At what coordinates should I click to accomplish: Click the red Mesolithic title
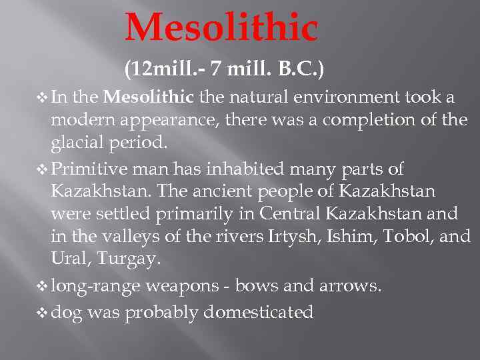pyautogui.click(x=221, y=28)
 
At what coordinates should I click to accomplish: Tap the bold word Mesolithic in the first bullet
pyautogui.click(x=149, y=98)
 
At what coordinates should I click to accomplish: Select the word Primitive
pyautogui.click(x=91, y=169)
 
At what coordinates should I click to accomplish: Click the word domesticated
pyautogui.click(x=259, y=311)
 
